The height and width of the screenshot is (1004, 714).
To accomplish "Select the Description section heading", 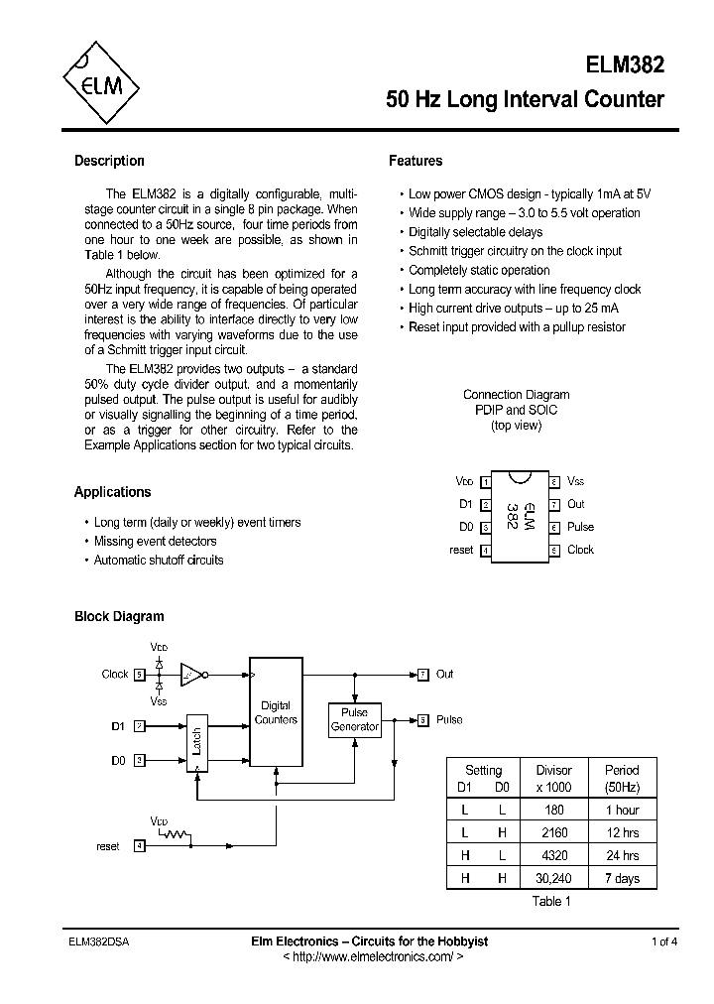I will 109,161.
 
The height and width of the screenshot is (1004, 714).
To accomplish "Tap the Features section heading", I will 416,161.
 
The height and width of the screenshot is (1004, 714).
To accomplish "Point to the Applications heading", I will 112,492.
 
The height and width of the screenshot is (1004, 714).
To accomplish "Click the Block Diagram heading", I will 119,616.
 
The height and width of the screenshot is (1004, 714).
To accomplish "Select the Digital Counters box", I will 276,712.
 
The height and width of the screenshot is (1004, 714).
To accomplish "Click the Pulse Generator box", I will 354,719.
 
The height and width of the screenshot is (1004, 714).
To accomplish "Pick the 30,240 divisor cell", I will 553,878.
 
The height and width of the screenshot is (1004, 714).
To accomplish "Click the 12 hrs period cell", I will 622,833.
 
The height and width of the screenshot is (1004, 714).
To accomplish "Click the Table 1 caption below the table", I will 551,901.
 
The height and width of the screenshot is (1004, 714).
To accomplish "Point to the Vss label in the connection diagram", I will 576,481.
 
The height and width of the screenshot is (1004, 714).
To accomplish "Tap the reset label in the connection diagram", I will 461,550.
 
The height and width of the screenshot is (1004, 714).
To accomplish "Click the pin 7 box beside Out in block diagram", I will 422,675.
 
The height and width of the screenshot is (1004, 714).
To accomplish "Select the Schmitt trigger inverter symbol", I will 191,675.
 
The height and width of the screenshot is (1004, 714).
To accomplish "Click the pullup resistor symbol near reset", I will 174,834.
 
